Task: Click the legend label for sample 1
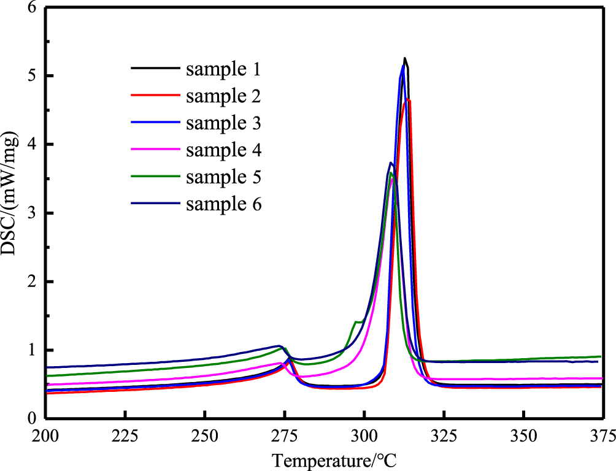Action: coord(223,69)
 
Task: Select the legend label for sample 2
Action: coord(223,96)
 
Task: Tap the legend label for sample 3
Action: coord(223,123)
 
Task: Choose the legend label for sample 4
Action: coord(223,150)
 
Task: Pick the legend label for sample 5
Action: coord(223,177)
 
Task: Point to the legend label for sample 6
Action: coord(223,204)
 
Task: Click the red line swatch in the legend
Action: coord(155,96)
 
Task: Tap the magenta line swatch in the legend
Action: coord(155,150)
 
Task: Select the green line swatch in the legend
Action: coord(155,177)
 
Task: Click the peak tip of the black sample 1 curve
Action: coord(405,58)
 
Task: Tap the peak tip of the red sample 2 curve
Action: coord(408,99)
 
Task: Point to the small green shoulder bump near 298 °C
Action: coord(356,321)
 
